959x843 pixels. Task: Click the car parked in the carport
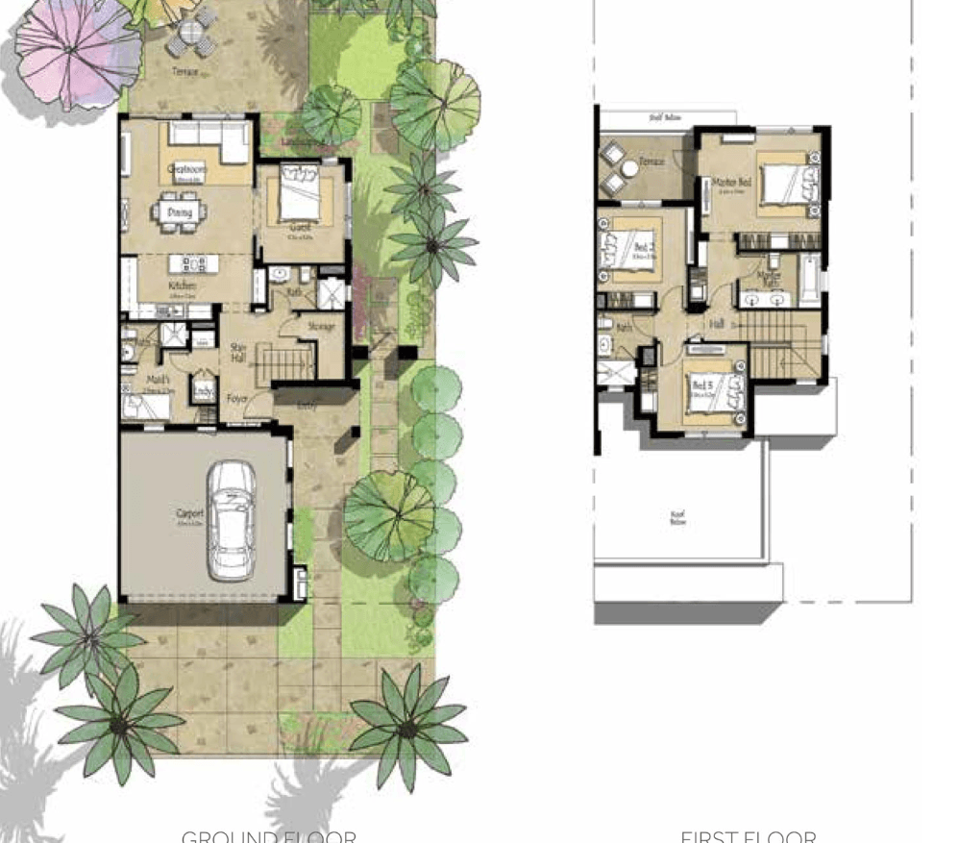232,519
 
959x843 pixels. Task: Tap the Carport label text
189,514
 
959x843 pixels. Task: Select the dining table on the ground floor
180,212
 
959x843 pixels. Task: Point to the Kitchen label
183,286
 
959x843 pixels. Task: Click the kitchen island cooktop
191,262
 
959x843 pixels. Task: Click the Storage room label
321,328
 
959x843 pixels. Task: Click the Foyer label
237,396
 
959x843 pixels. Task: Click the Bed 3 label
701,385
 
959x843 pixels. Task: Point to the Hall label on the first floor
717,324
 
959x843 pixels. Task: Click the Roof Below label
678,518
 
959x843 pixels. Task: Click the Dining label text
179,212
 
